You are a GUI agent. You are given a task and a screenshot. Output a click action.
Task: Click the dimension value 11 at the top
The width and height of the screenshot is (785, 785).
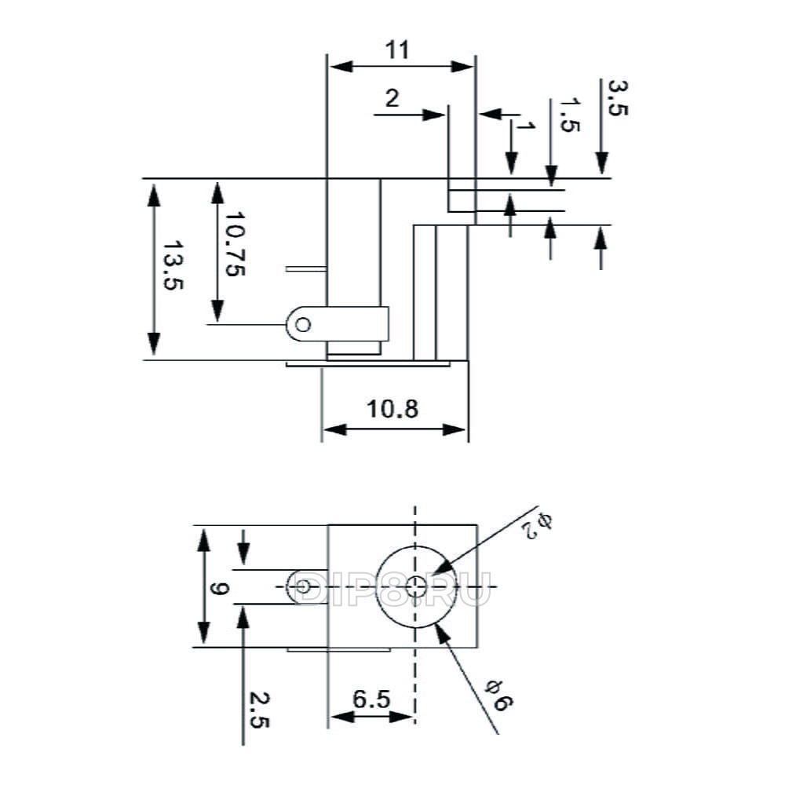click(397, 50)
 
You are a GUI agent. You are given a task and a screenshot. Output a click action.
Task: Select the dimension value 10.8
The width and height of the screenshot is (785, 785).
click(392, 409)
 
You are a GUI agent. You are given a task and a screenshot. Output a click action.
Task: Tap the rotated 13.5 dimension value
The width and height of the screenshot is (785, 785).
click(173, 266)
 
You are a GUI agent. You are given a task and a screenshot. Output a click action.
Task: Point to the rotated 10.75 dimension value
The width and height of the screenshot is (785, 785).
click(235, 244)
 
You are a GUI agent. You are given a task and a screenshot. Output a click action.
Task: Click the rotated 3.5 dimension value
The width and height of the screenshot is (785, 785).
click(617, 98)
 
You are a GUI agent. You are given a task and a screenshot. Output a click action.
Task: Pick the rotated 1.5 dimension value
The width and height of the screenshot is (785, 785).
click(569, 115)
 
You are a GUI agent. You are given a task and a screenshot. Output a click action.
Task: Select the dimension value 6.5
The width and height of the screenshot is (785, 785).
click(371, 699)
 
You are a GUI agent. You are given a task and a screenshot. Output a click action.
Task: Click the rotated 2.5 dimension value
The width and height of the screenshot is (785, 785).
click(259, 710)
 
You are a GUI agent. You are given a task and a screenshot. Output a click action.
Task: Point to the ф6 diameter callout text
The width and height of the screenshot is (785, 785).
click(498, 695)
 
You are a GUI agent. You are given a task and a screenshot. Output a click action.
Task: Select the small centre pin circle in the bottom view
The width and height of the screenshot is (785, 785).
click(415, 586)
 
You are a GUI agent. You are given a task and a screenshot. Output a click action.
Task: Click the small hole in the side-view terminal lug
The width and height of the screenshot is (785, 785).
click(303, 325)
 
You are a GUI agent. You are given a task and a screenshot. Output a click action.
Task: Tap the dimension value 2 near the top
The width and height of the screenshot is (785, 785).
click(392, 99)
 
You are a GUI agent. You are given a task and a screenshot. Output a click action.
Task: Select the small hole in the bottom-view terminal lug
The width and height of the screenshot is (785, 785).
click(303, 586)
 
